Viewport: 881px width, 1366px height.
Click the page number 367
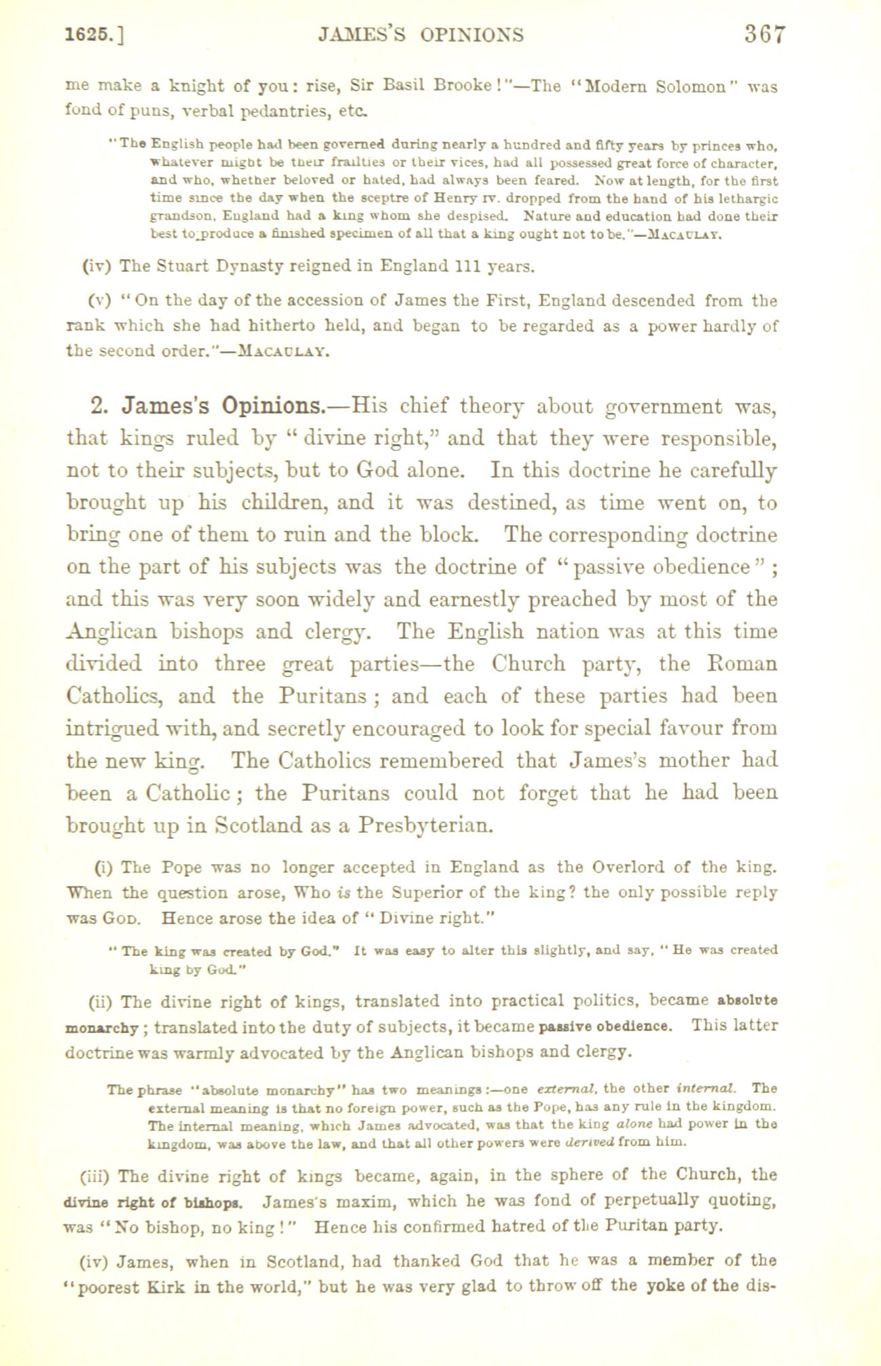763,33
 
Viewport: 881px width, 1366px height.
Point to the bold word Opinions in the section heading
270,406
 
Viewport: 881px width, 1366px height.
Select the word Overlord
628,867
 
